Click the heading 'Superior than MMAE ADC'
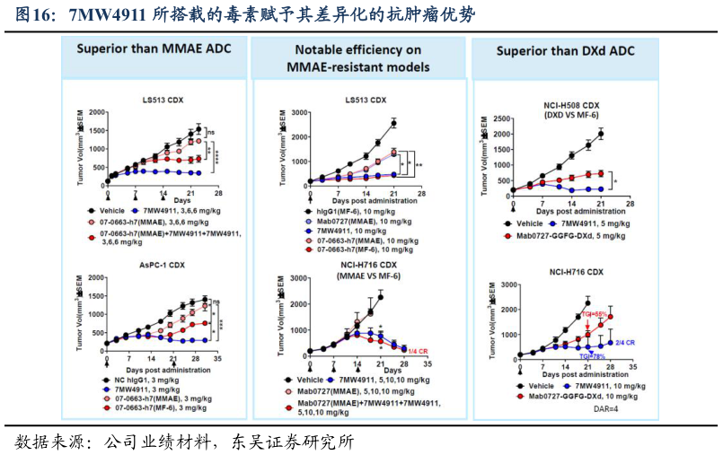153,48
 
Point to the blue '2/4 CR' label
626,343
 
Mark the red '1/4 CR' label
419,350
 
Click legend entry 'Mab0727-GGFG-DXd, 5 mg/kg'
576,233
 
